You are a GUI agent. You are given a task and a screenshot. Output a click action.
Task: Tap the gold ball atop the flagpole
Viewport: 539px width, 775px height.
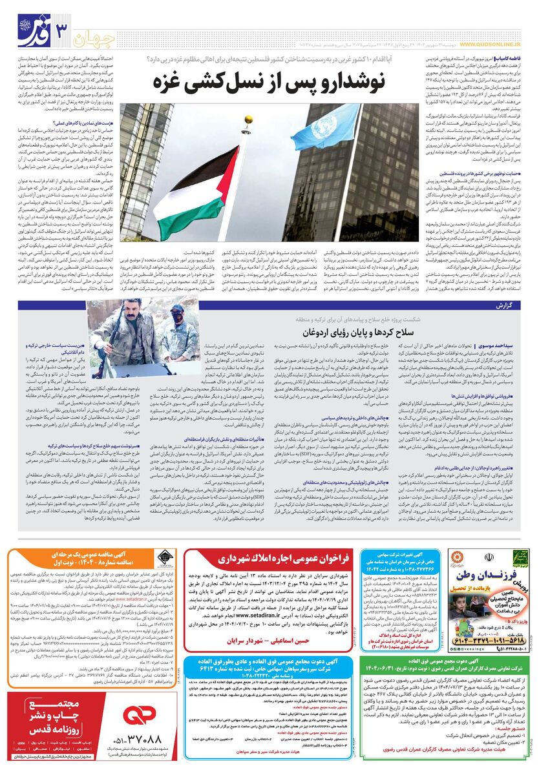(248, 119)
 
